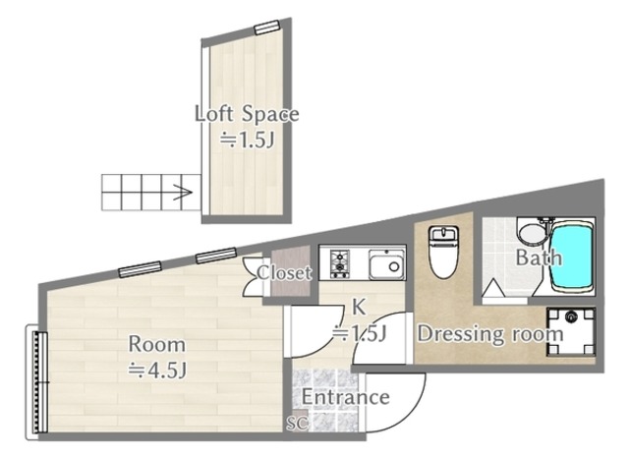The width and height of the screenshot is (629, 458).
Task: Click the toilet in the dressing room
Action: (x=443, y=252)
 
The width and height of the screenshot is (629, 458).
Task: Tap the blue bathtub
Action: (x=572, y=258)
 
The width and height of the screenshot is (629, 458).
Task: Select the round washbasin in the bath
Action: (x=533, y=233)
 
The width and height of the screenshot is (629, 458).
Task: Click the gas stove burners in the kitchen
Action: (x=340, y=264)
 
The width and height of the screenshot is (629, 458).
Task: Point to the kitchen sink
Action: (x=386, y=264)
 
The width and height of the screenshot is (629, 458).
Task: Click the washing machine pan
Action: (x=570, y=331)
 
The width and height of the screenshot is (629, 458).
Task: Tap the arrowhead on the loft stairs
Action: (x=183, y=193)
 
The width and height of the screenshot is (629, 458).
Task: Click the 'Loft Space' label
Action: (x=247, y=114)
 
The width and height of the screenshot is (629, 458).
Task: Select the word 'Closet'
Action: (x=284, y=273)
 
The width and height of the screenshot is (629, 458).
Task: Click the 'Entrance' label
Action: (x=345, y=397)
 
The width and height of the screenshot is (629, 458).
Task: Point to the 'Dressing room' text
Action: (x=490, y=334)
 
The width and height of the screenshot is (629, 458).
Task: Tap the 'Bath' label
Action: (x=539, y=258)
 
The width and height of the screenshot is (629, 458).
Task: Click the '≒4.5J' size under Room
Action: (x=157, y=371)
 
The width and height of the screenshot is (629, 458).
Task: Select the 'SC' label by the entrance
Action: (x=298, y=423)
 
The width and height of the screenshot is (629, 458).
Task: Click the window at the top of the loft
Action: (x=266, y=28)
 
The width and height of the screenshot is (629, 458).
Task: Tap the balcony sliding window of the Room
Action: (x=37, y=382)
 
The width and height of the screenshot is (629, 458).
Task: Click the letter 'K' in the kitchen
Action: (x=358, y=308)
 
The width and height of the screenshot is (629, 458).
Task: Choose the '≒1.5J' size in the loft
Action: (x=247, y=140)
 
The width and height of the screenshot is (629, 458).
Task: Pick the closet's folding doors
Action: (x=252, y=276)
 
